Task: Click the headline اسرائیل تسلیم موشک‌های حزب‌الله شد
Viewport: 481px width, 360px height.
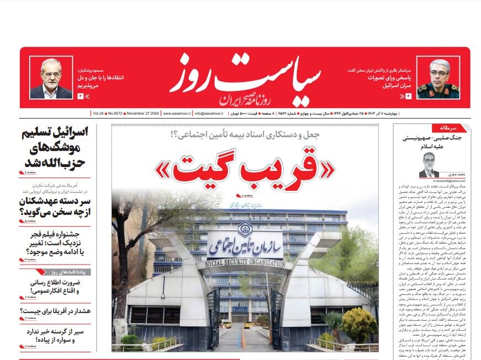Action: (x=56, y=148)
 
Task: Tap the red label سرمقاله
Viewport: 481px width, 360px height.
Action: (x=459, y=128)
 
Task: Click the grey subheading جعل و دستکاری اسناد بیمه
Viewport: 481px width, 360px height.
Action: (x=244, y=134)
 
